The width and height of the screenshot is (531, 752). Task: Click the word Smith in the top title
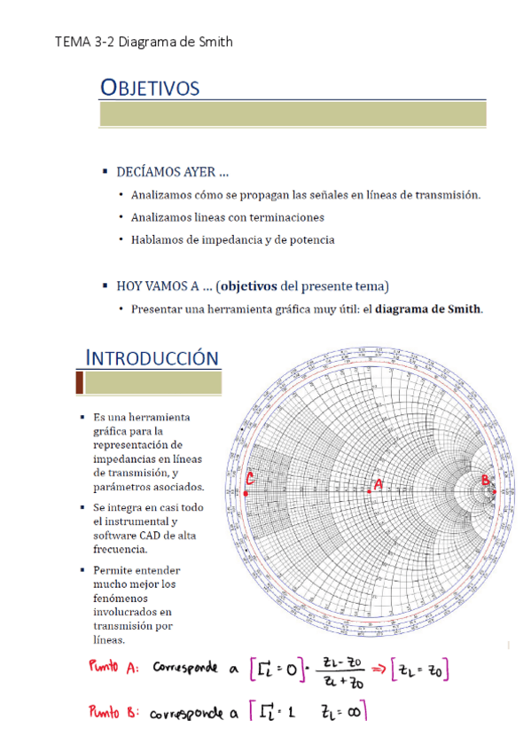click(x=214, y=42)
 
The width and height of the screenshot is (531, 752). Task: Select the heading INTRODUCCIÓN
click(x=152, y=357)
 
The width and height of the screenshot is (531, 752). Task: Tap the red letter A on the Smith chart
click(x=379, y=484)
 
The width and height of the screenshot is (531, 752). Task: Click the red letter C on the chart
click(x=250, y=479)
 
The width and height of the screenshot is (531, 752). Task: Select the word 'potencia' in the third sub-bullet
click(x=310, y=239)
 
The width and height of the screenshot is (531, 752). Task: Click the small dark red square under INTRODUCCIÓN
click(x=79, y=383)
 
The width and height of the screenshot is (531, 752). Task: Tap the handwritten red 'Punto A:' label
click(x=114, y=669)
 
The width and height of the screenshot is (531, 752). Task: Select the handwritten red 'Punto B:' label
click(x=114, y=713)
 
